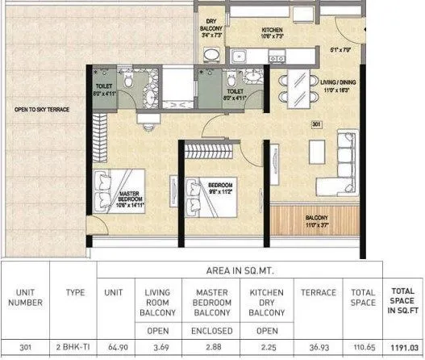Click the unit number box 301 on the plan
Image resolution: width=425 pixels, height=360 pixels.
(x=318, y=124)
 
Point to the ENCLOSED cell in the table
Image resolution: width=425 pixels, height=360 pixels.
(x=213, y=331)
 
